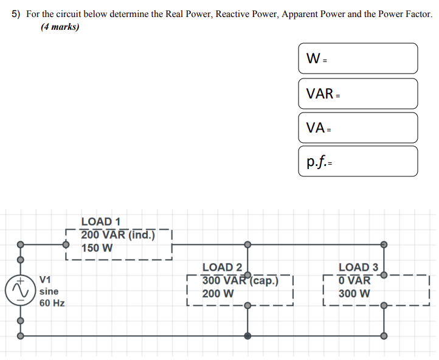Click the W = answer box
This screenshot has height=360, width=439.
coord(358,58)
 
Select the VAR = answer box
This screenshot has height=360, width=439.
coord(358,94)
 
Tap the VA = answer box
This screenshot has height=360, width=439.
coord(358,128)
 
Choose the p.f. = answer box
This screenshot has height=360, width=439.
coord(358,162)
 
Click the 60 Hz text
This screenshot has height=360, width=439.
coord(52,303)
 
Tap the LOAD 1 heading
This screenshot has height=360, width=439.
coord(100,222)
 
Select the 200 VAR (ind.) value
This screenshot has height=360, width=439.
coord(118,235)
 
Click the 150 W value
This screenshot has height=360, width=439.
coord(97,248)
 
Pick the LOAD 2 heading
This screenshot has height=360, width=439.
coord(222,267)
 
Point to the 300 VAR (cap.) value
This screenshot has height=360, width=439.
coord(240,280)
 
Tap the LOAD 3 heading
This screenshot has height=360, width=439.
coord(358,267)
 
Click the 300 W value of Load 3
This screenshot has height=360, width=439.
coord(354,294)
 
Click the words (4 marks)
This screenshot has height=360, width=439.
coord(60,27)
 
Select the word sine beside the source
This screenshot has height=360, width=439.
coord(49,291)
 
